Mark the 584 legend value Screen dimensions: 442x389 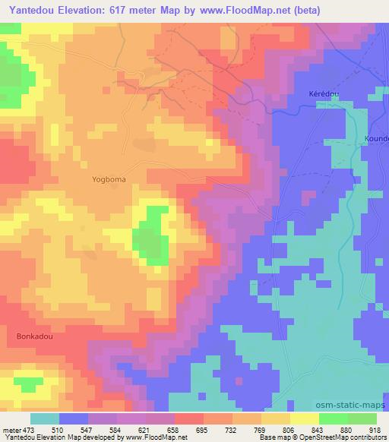pyautogui.click(x=118, y=429)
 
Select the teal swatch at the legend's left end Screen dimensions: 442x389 pyautogui.click(x=45, y=418)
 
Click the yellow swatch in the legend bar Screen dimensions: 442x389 pyautogui.click(x=304, y=418)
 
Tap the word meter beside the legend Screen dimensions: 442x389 pyautogui.click(x=12, y=429)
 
